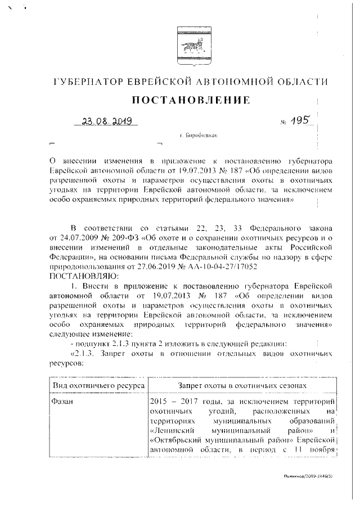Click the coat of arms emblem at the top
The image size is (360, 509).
186,40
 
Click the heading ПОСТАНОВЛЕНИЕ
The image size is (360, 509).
190,101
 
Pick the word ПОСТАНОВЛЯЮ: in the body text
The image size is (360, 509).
82,276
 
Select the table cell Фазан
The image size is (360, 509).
64,403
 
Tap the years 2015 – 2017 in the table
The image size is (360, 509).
177,403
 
